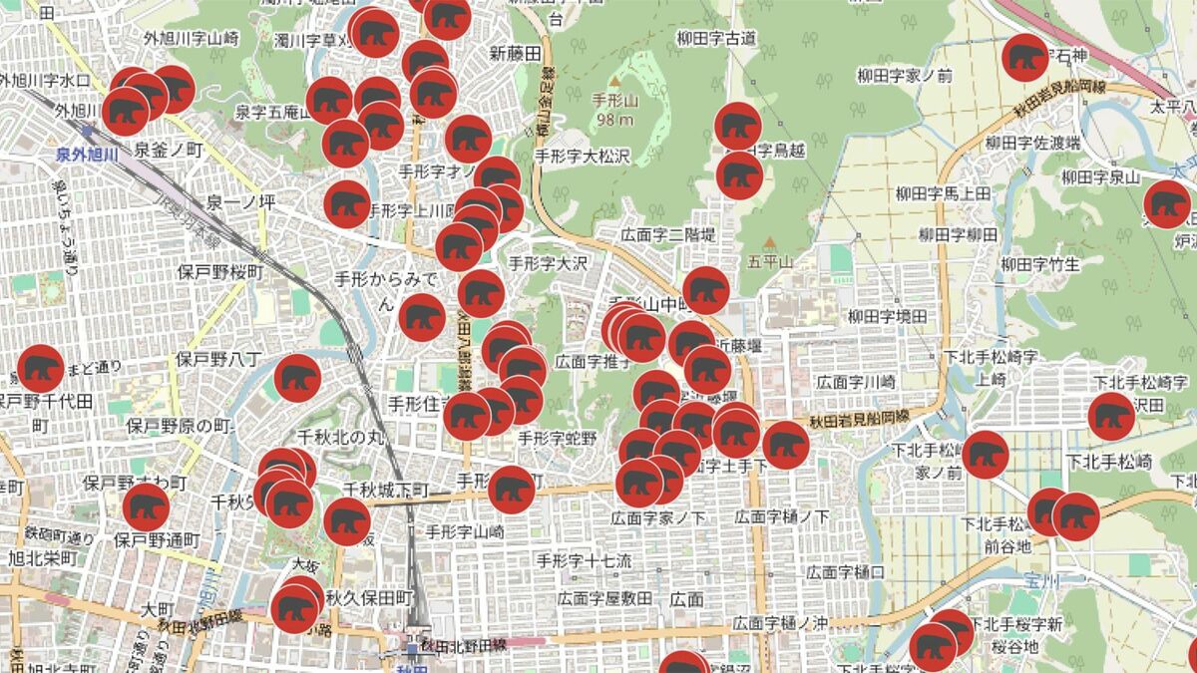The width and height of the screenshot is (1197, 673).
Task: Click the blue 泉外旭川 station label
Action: point(87,154)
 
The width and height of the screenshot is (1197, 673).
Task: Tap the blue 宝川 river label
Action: point(1039,578)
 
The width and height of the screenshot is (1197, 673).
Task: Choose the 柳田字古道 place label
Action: point(715,39)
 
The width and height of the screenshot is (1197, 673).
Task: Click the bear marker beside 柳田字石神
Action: point(1024,58)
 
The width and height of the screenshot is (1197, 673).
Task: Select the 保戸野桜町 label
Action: point(220,271)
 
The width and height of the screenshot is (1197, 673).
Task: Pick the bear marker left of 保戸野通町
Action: point(146,507)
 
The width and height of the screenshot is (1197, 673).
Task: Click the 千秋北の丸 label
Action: point(340,437)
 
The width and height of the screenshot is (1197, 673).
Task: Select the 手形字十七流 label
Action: point(584,560)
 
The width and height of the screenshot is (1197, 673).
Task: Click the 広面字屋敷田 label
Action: point(604,598)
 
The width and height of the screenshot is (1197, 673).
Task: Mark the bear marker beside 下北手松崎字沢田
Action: point(1111,417)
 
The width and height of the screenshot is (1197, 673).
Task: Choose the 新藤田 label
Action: point(515,52)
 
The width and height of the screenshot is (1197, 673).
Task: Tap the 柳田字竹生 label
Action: point(1040,264)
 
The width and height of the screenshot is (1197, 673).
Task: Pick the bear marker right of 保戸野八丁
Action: point(297,378)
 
